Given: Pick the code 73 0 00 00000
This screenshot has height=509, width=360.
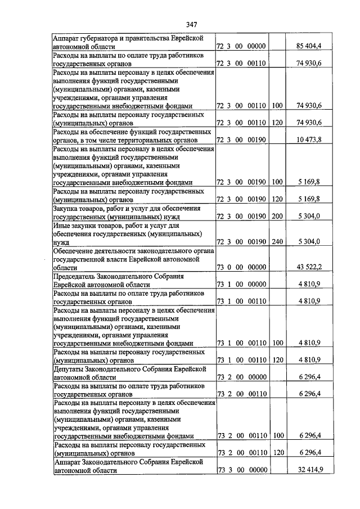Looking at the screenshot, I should [241, 265].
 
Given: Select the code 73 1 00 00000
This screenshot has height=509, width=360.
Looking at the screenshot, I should [241, 285].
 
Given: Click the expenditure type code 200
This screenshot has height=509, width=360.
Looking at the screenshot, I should [277, 215].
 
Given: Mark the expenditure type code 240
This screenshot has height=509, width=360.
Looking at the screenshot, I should [277, 242].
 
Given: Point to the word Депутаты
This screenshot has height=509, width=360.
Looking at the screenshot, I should [68, 369].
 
